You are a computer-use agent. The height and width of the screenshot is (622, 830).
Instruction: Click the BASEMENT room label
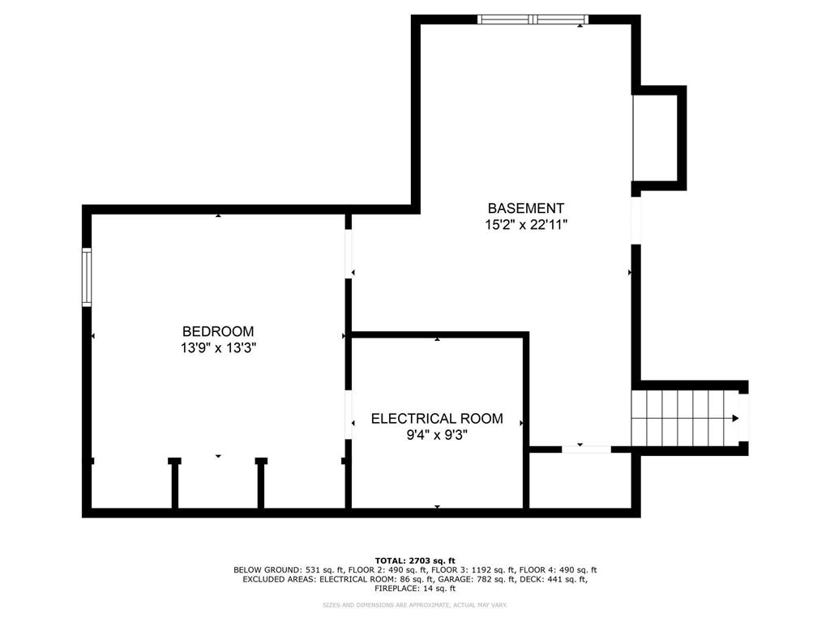[x=525, y=208]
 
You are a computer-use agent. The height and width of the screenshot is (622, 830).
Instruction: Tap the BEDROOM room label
[x=218, y=331]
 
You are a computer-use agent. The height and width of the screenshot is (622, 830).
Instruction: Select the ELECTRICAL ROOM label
[x=437, y=419]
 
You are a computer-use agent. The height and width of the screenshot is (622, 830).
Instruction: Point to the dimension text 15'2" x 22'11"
[x=526, y=225]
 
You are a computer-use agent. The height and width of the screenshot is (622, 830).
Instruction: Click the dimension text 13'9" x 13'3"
[x=218, y=348]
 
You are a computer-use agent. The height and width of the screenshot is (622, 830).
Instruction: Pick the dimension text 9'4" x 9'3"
[x=437, y=435]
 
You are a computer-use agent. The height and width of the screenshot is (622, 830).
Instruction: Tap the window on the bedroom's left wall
[x=86, y=277]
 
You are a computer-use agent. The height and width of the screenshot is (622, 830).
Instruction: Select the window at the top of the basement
[x=533, y=19]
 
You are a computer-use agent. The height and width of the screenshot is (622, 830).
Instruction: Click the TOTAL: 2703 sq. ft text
[x=415, y=560]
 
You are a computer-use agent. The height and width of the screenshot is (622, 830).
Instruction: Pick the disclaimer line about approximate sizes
[x=415, y=604]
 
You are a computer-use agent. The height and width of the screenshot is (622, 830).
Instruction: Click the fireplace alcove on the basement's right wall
[x=659, y=138]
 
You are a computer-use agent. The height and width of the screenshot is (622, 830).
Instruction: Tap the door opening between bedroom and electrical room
[x=349, y=415]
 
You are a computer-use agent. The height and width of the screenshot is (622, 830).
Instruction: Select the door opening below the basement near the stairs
[x=586, y=449]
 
